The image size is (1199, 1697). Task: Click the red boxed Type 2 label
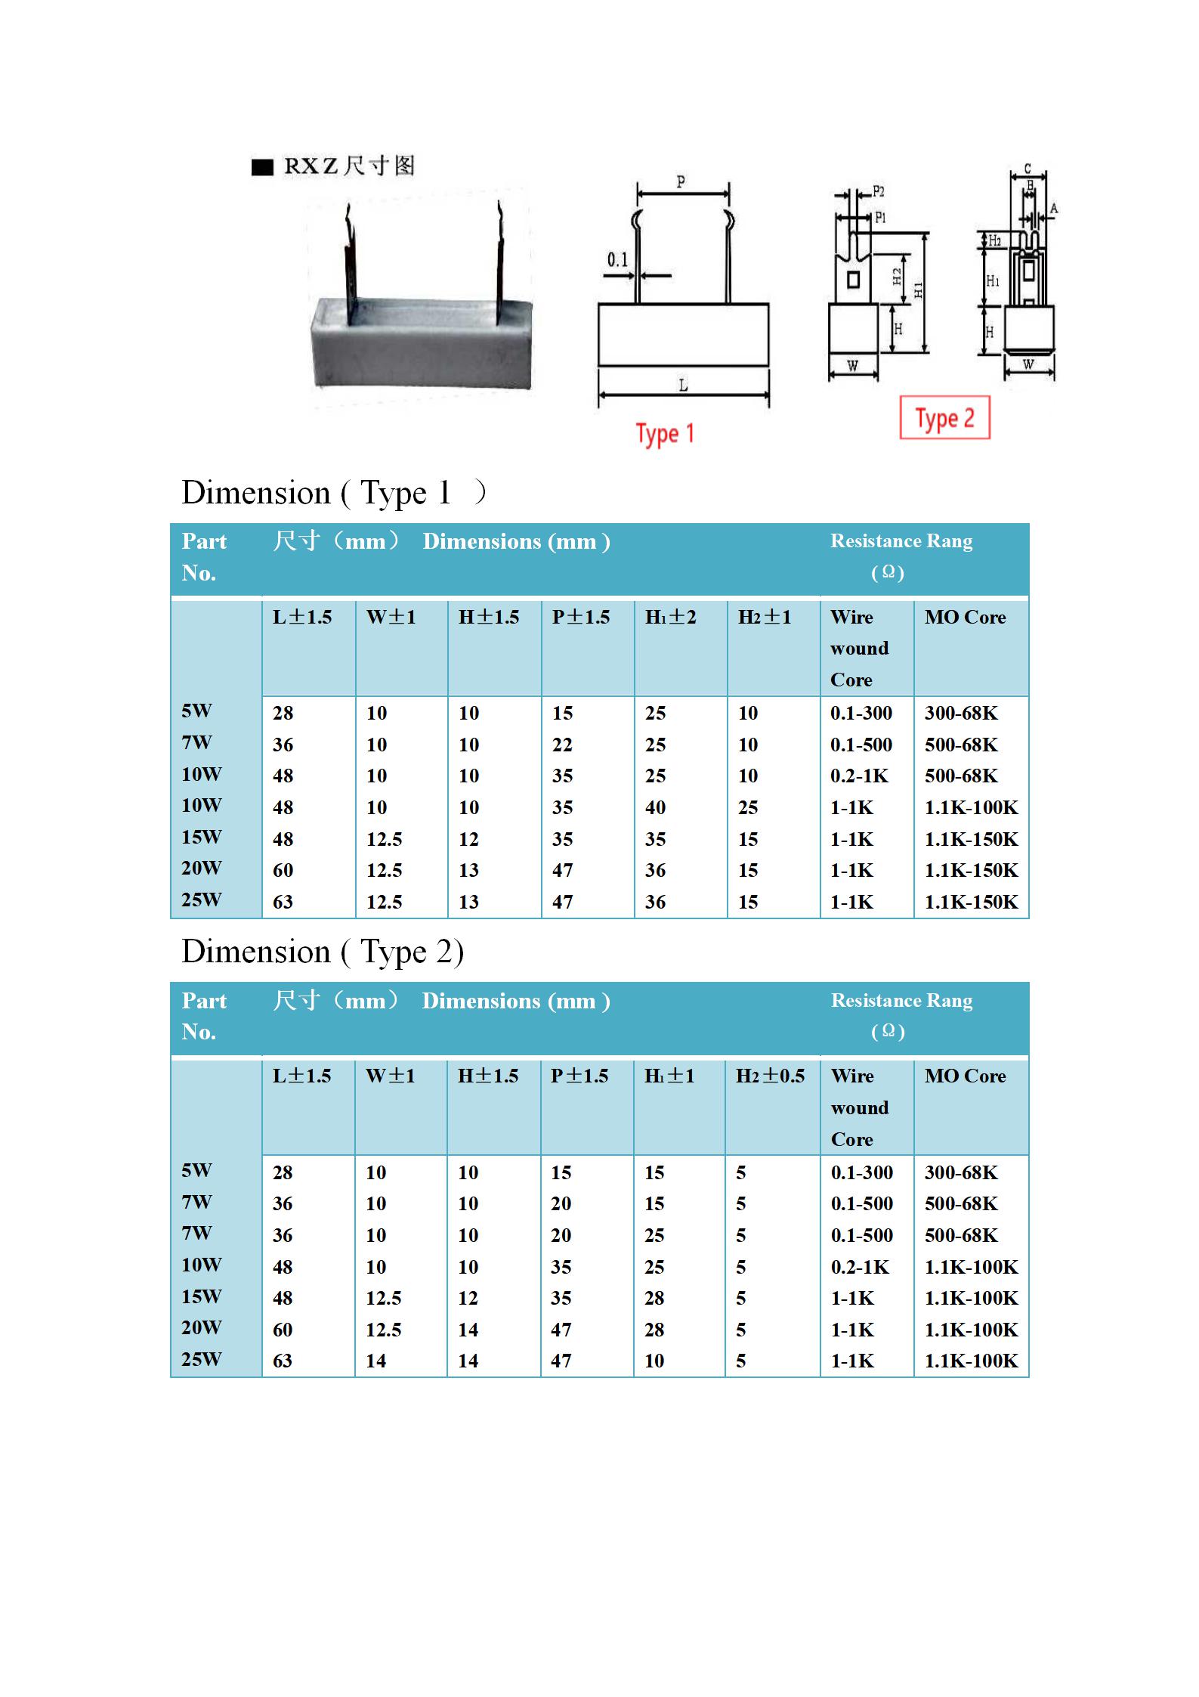[x=944, y=418]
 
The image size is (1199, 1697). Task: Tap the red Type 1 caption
[x=665, y=434]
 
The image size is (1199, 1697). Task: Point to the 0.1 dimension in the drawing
[x=617, y=260]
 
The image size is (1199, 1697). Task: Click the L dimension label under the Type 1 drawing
[x=683, y=386]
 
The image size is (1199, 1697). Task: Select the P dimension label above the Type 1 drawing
[x=681, y=181]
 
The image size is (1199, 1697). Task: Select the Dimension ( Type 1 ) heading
[x=333, y=493]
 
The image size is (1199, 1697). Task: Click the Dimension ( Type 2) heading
[x=323, y=952]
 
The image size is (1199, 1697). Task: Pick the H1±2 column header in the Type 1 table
[x=670, y=617]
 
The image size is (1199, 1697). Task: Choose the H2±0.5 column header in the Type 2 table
[x=770, y=1076]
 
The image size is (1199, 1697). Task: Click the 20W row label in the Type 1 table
[x=201, y=868]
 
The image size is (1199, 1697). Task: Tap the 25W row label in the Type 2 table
[x=201, y=1359]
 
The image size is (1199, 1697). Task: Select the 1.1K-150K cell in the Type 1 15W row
[x=971, y=839]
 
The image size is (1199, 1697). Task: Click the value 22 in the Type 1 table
[x=562, y=745]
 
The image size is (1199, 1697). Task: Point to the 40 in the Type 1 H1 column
[x=655, y=807]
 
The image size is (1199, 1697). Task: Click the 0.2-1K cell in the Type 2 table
[x=860, y=1267]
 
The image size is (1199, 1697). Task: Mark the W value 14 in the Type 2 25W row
[x=375, y=1361]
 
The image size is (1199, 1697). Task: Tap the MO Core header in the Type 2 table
[x=965, y=1076]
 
